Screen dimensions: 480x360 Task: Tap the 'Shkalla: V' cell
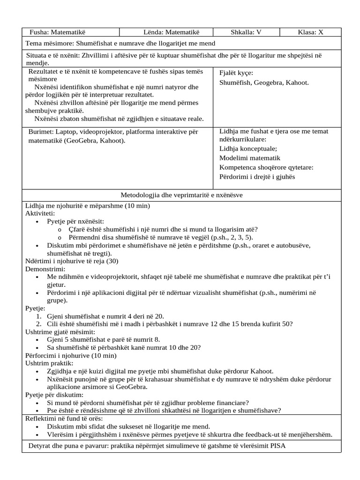(246, 32)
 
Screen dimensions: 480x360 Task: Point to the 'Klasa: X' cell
(310, 32)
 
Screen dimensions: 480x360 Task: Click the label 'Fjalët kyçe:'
(236, 73)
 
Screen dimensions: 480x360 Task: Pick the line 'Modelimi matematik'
(250, 158)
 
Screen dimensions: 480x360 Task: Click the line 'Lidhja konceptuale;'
(248, 149)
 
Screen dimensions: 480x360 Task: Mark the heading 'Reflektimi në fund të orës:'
(64, 419)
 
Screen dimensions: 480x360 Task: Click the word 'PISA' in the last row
(277, 446)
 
